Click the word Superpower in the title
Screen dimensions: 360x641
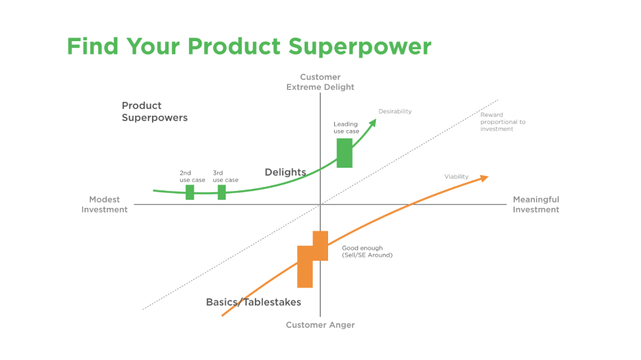(360, 47)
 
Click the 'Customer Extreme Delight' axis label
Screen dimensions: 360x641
(320, 82)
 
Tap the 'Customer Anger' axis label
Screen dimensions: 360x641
(320, 325)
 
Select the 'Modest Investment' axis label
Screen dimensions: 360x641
(105, 205)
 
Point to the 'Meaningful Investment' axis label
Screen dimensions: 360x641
(536, 205)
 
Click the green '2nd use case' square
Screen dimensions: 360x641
(190, 192)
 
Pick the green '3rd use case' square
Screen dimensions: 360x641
(222, 192)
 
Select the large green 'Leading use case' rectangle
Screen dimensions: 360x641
(344, 153)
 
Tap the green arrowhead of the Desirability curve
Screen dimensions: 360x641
(373, 122)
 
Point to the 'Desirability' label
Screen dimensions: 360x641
(395, 111)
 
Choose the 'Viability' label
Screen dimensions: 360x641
(456, 177)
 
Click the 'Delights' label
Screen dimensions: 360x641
(285, 172)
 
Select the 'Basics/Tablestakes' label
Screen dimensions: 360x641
(253, 302)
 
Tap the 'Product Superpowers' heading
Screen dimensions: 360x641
(154, 112)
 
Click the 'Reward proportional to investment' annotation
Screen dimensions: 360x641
(503, 122)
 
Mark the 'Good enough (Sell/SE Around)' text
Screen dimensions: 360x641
(367, 251)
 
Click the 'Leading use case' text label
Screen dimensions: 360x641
(346, 128)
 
